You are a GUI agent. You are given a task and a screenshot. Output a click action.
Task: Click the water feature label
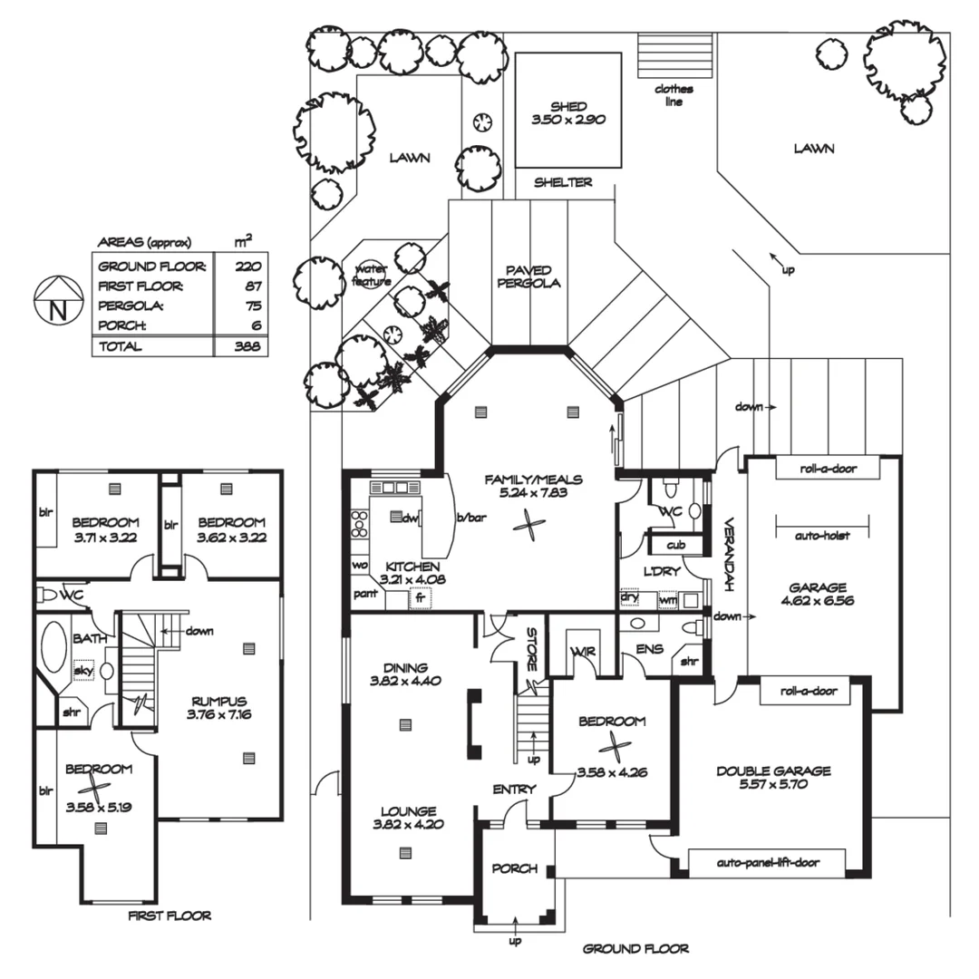tap(372, 275)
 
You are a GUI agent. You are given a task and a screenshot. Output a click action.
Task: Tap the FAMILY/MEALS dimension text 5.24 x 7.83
tap(533, 495)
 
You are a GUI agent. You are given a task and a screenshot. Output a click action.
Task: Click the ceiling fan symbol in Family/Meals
tap(528, 523)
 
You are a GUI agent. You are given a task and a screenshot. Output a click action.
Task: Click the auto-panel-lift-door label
tap(767, 862)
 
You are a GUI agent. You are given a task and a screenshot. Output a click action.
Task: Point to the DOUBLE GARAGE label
tap(773, 771)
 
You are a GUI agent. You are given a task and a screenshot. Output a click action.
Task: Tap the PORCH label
tap(515, 868)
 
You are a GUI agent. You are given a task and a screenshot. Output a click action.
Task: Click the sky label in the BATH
tap(82, 670)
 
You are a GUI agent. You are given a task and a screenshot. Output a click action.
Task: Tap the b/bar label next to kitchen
tap(471, 518)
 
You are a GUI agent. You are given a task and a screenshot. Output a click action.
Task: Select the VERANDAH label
tap(728, 554)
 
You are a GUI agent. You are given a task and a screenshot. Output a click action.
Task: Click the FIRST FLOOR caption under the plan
tap(170, 916)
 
